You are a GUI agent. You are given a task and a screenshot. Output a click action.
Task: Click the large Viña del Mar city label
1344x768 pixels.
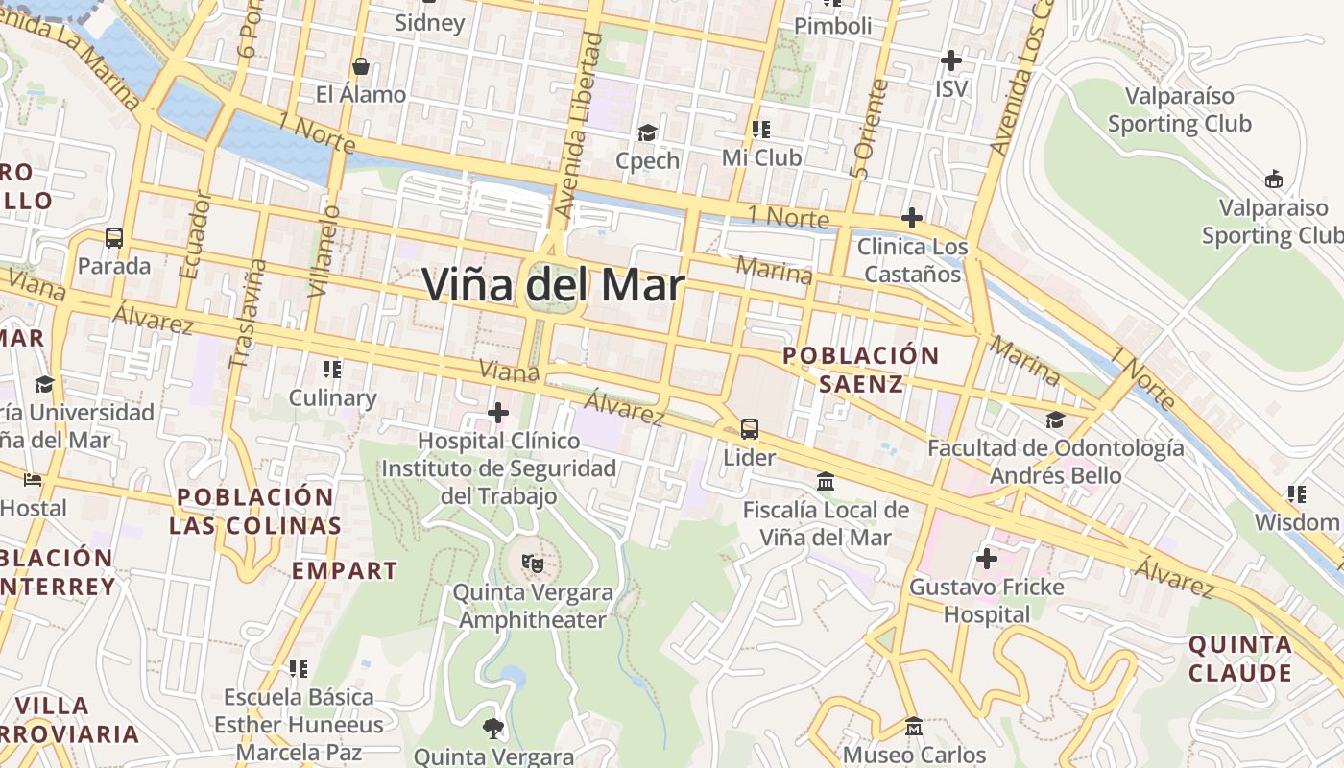click(x=553, y=286)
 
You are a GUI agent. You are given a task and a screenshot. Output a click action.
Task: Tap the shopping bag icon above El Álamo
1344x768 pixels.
click(x=361, y=66)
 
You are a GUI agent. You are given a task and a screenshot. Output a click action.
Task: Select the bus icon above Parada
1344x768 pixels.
click(x=113, y=237)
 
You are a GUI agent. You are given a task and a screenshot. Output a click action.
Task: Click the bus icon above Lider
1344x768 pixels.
click(x=750, y=429)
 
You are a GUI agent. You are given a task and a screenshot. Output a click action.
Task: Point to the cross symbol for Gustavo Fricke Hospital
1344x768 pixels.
click(x=986, y=559)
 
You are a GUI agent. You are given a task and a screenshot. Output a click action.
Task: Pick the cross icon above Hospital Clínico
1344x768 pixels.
click(x=498, y=414)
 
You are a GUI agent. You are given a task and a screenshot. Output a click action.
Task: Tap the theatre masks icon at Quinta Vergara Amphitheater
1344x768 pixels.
click(x=532, y=564)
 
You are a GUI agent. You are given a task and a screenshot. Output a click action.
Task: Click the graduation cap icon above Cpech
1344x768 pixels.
click(x=648, y=132)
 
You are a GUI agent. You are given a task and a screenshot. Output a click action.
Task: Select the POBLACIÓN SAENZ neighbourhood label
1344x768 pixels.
click(x=860, y=370)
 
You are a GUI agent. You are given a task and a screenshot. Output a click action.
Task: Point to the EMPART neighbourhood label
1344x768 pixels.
click(x=345, y=570)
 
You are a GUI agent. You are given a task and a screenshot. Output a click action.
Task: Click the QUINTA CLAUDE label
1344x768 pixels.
click(x=1240, y=659)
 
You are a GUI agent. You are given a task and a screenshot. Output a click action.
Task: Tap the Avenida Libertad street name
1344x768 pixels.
click(x=578, y=125)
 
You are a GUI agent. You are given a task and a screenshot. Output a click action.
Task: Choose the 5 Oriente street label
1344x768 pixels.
click(x=869, y=130)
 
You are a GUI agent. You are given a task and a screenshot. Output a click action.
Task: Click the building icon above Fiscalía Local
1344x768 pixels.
click(x=825, y=480)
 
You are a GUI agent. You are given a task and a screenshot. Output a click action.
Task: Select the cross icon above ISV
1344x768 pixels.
click(x=950, y=61)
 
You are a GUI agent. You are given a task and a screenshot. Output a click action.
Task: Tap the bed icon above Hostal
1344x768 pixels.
click(x=34, y=479)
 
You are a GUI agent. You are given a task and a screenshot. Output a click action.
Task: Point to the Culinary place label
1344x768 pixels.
click(x=332, y=397)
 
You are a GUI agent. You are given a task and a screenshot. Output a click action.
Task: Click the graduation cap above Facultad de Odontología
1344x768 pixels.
click(x=1055, y=420)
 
